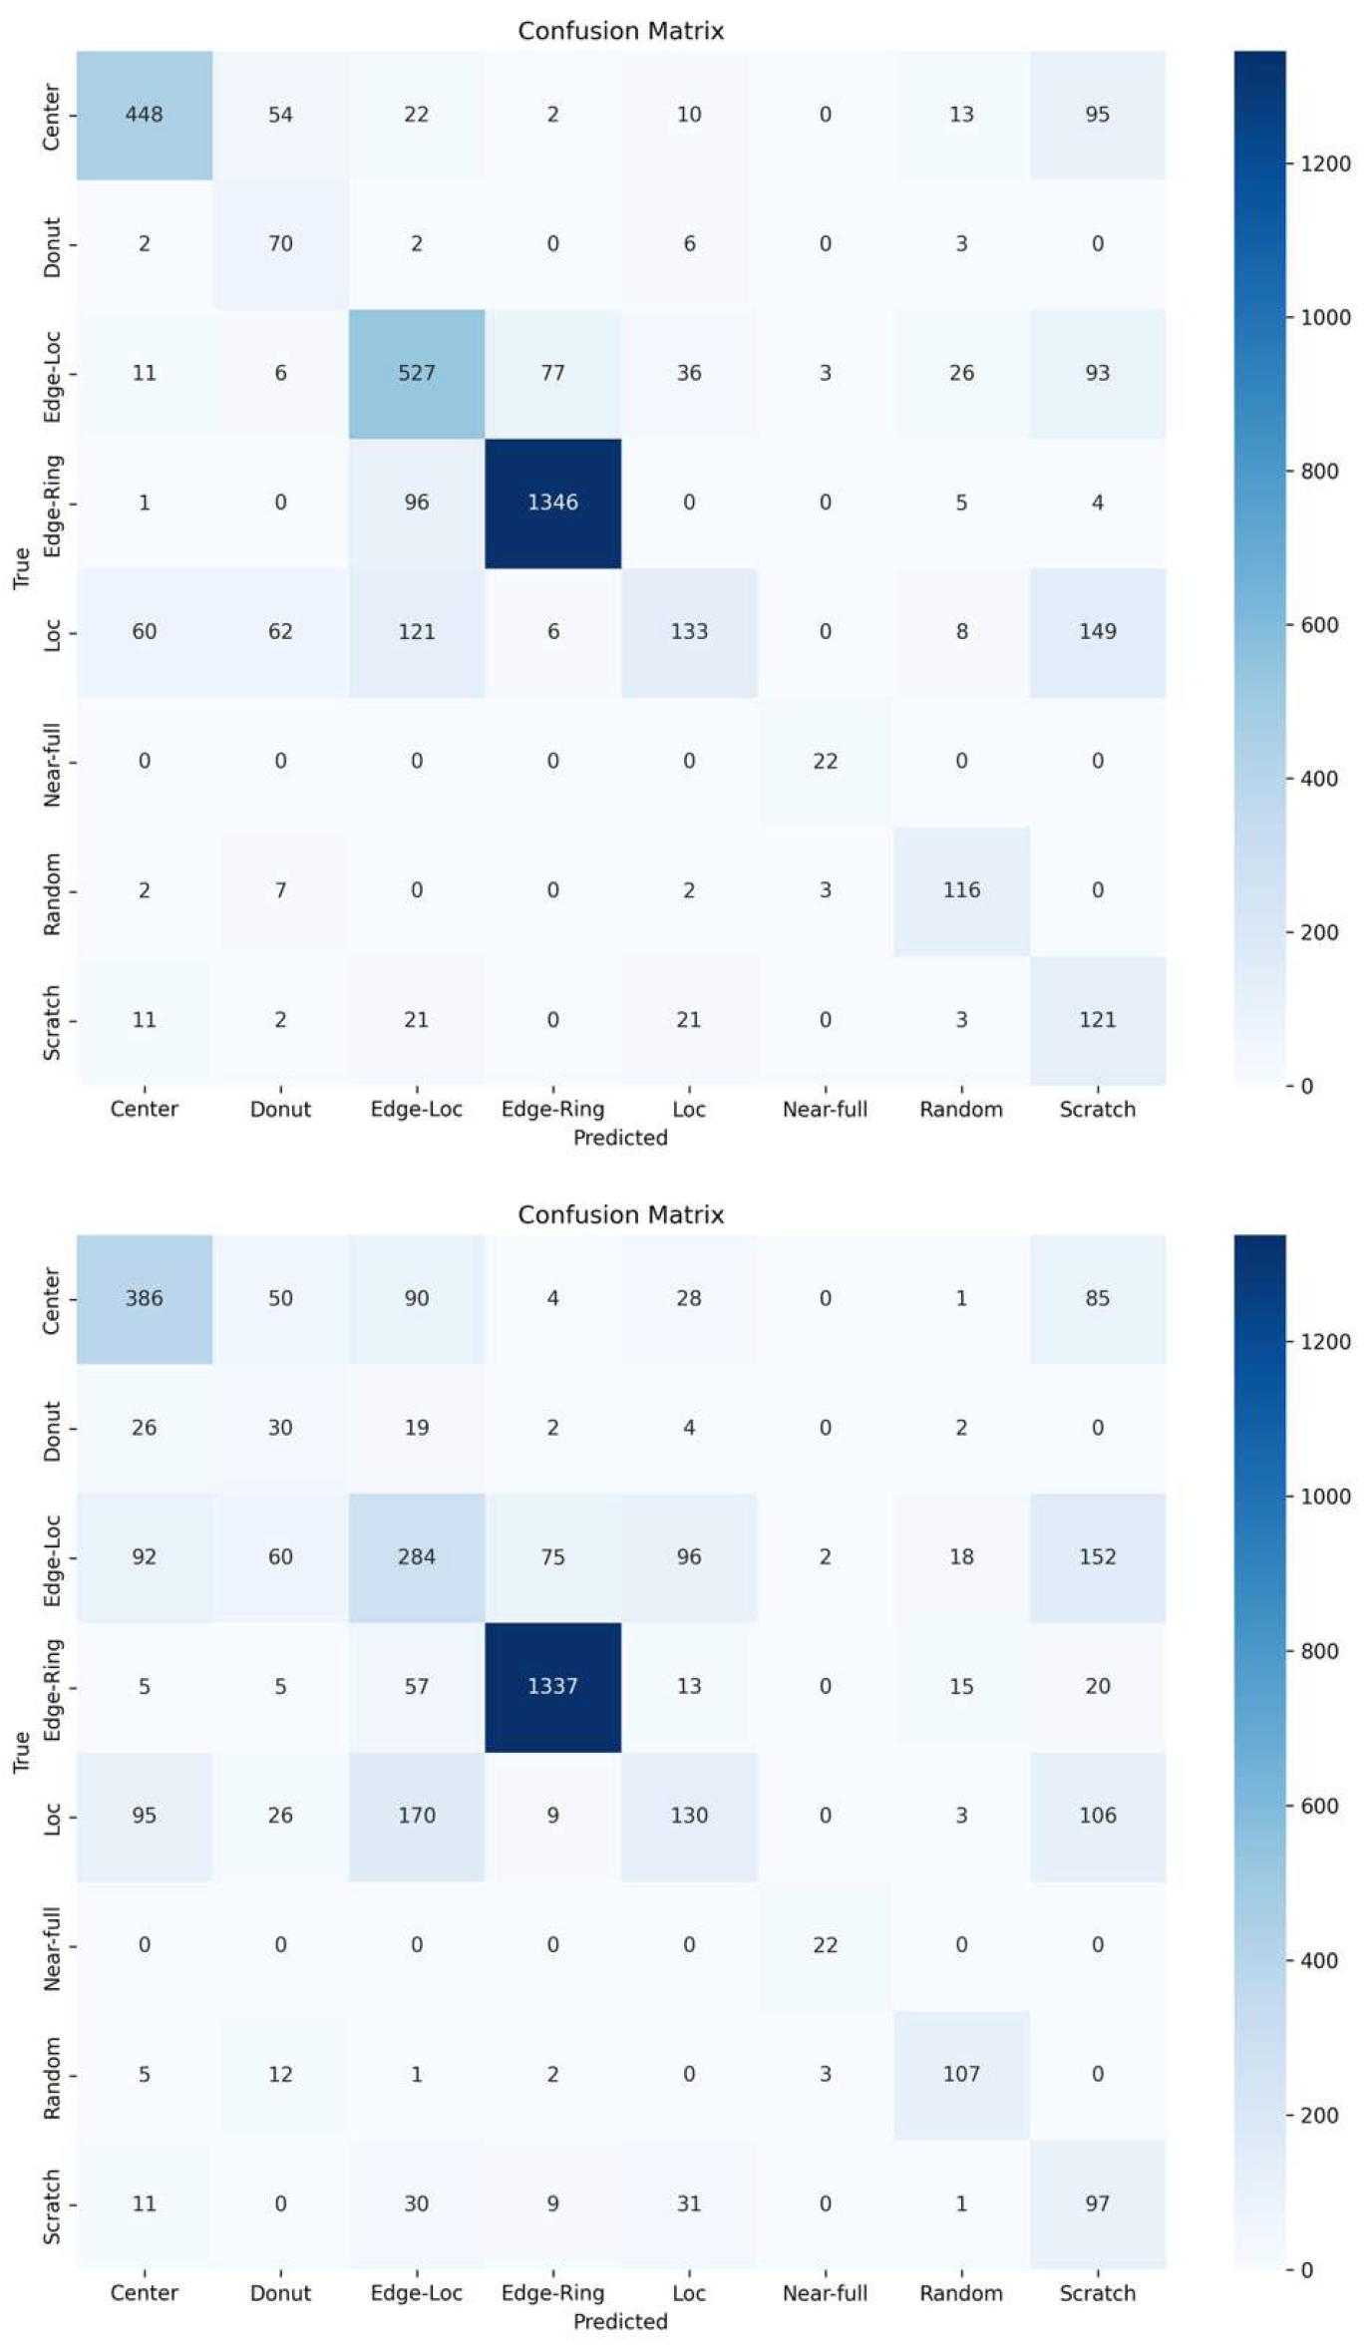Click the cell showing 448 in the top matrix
145,115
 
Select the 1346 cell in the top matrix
553,503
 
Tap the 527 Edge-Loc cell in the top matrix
417,373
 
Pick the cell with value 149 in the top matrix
1098,632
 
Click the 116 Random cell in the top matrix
961,890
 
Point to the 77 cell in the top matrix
553,373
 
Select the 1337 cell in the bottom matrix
553,1686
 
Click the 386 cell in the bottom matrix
145,1298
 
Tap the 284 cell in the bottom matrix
417,1557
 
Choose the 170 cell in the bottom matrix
417,1816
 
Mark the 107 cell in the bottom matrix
961,2074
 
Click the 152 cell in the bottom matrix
1098,1557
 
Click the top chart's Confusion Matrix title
620,31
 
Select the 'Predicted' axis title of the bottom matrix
620,2321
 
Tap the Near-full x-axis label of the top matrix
826,1110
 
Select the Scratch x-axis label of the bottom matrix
1098,2293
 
